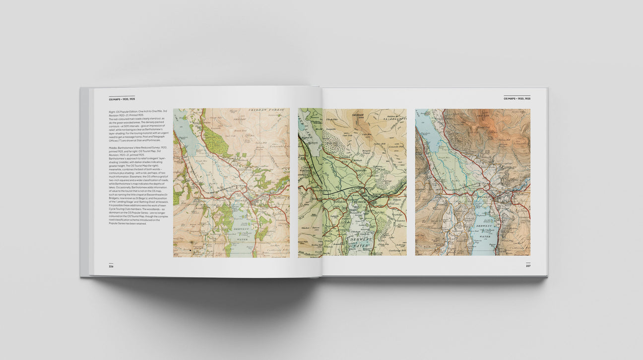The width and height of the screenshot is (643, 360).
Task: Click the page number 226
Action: click(111, 266)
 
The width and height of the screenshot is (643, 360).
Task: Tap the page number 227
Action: click(528, 266)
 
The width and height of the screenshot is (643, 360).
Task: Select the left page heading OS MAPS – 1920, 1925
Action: click(122, 99)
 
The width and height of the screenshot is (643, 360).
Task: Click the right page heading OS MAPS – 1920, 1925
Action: click(516, 99)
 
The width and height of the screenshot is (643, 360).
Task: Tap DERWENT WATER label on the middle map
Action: click(361, 242)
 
